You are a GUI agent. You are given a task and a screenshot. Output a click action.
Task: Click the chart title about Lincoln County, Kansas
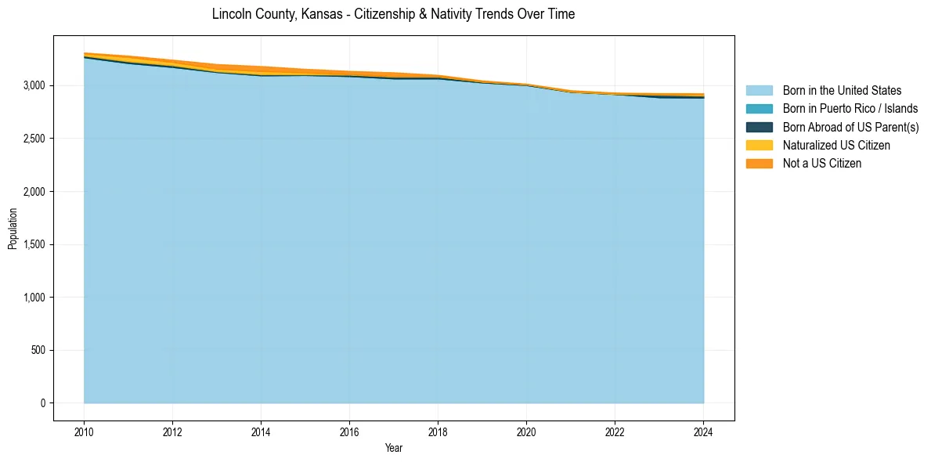point(393,14)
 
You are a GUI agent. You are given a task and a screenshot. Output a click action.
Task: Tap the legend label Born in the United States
point(842,91)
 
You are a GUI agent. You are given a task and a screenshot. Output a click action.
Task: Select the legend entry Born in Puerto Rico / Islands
point(850,109)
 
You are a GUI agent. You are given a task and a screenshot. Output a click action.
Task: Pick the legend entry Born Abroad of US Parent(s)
point(850,127)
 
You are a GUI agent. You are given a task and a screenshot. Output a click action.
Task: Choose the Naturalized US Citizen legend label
point(836,146)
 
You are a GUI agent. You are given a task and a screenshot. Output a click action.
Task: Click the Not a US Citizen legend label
point(822,164)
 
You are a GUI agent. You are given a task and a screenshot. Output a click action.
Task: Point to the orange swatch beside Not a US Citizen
point(759,164)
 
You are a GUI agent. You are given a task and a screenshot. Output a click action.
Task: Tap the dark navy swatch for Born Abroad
point(759,127)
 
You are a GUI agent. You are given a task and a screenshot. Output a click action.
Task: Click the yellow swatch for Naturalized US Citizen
point(759,146)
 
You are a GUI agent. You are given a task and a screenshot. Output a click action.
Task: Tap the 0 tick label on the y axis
point(43,403)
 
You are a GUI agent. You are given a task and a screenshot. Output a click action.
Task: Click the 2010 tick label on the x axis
point(84,431)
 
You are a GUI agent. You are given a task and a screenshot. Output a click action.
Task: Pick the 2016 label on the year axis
point(349,431)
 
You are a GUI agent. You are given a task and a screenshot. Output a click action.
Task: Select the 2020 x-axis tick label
point(526,431)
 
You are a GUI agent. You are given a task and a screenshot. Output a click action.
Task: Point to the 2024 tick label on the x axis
point(703,431)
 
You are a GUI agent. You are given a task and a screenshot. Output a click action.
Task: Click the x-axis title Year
point(394,448)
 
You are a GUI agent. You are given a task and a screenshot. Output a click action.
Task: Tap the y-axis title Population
point(13,229)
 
